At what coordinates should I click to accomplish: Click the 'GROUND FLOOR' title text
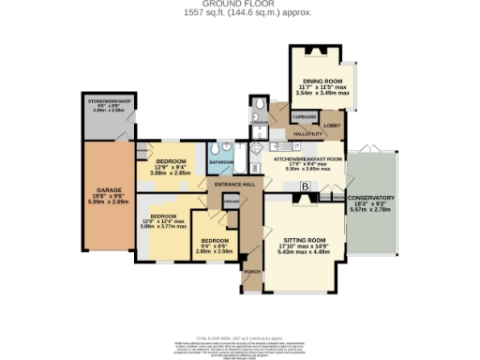pos(240,4)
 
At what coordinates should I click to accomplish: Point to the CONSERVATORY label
pos(370,198)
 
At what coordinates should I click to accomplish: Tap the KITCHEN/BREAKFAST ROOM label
pos(307,159)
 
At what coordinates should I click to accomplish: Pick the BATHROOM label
pos(221,163)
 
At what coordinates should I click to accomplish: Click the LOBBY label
pos(331,125)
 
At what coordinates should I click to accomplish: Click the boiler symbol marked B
pos(304,187)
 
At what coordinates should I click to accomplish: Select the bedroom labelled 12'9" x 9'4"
pos(171,162)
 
